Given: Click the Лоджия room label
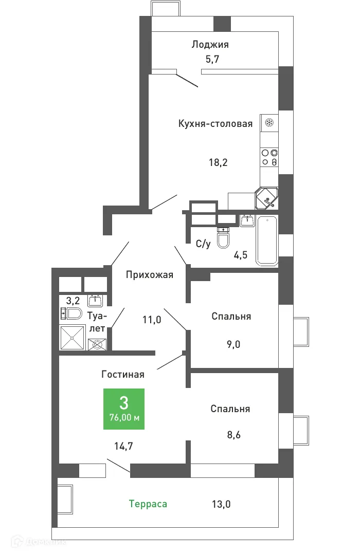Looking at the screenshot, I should coord(210,44).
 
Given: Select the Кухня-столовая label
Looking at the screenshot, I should coord(215,123).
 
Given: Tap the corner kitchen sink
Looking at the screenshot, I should coord(267,198).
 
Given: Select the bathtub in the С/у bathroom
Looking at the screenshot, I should coord(267,240).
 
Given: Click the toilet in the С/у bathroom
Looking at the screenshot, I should coord(223,238).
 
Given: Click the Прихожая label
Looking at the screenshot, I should coord(150,274).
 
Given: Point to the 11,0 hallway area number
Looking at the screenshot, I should coord(152,320).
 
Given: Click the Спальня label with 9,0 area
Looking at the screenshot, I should coord(231,316).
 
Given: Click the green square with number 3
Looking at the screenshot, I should coord(124,409).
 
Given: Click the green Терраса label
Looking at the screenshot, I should coord(148,504).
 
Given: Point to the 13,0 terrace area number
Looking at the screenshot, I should coord(221,504).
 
